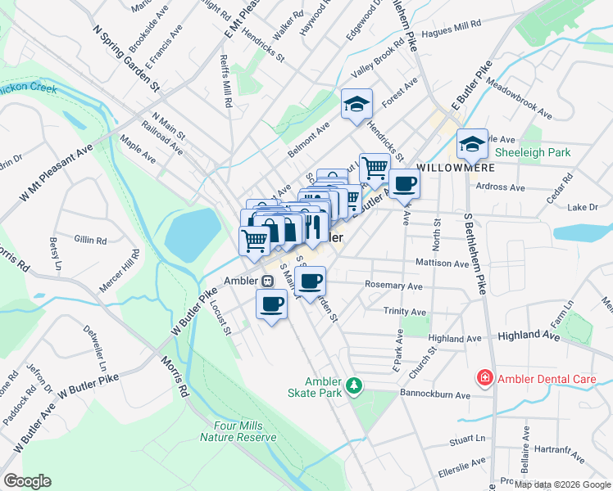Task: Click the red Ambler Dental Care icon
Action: click(484, 378)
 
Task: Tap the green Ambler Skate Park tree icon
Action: click(354, 384)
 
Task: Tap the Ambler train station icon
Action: click(267, 281)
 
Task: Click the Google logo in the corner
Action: click(27, 481)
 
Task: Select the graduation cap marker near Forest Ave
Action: click(356, 104)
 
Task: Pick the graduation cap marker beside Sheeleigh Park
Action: click(472, 144)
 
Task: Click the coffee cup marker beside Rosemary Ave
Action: click(310, 282)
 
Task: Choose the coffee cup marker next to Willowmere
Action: click(404, 183)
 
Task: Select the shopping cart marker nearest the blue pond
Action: click(255, 240)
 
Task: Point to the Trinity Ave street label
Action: click(405, 312)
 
